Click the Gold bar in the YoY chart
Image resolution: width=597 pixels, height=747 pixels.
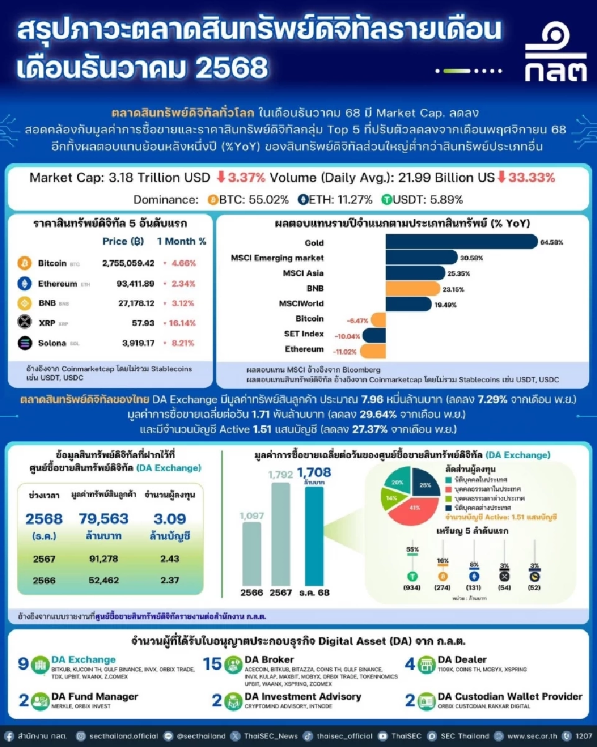click(461, 242)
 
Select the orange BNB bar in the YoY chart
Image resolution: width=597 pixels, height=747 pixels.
click(408, 288)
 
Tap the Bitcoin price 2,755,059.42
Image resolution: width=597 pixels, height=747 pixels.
click(128, 263)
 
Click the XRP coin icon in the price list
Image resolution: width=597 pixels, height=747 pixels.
click(25, 322)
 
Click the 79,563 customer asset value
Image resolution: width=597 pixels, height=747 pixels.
click(104, 519)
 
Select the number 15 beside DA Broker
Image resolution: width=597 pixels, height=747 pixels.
click(212, 664)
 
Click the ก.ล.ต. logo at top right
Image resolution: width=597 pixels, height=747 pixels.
click(555, 55)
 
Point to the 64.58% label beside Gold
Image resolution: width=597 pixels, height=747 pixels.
click(552, 242)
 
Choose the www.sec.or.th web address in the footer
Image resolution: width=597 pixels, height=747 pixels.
click(532, 736)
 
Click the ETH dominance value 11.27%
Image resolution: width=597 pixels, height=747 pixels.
click(354, 200)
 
